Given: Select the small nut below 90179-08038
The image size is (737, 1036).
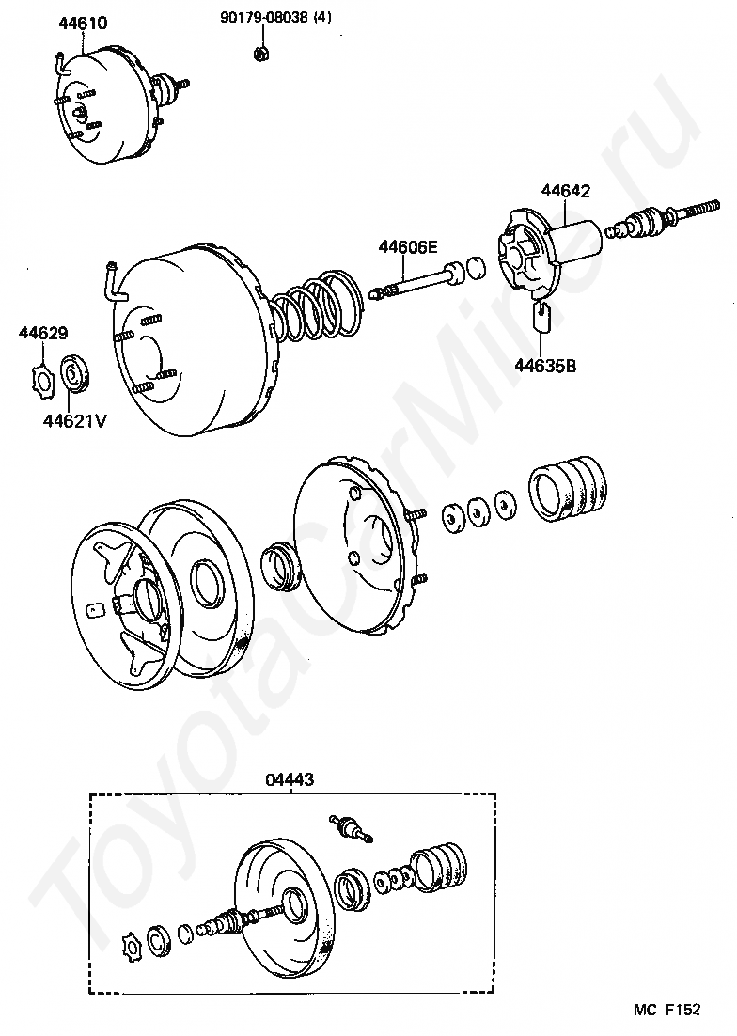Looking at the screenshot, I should coord(261,53).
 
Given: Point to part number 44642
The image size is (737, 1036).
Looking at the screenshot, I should coord(565,191).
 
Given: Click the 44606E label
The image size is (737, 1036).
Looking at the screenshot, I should coord(408,247).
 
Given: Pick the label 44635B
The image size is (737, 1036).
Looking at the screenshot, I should coord(545,366).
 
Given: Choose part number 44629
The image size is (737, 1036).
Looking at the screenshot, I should coord(42,332).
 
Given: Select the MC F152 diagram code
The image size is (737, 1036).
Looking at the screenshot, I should coord(666,1010).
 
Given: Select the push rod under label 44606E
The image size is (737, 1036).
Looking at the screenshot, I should coord(418,282).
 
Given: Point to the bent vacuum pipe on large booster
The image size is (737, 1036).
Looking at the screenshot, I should coord(112,281).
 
